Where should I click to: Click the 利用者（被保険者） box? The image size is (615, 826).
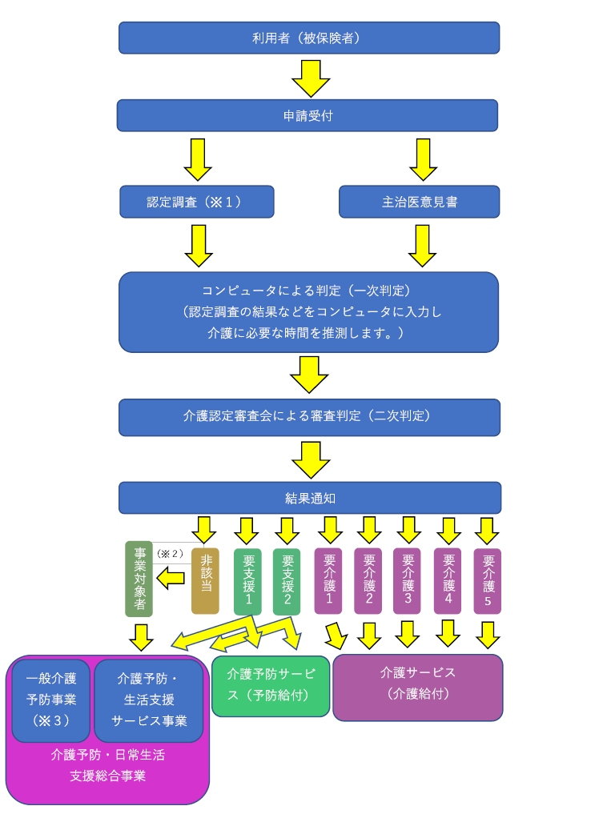309,38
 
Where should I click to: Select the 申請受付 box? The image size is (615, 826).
307,115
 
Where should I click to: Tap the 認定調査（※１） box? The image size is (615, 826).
196,202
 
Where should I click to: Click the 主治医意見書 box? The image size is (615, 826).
419,202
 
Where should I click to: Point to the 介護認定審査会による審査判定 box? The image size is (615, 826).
309,417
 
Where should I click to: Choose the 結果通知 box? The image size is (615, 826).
310,498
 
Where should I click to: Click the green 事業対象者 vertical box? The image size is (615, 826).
139,579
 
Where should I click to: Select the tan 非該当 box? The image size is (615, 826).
205,580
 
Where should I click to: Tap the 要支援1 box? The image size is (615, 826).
247,581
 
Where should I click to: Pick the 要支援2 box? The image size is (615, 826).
287,581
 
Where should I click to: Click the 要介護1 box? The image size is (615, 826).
328,580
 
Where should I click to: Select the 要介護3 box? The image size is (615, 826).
407,580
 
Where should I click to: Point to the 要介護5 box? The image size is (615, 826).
487,580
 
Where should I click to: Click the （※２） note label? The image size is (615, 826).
170,553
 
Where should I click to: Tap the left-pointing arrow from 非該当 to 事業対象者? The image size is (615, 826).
171,578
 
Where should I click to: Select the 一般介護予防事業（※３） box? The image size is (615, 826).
51,700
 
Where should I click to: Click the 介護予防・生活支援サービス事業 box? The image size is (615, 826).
149,700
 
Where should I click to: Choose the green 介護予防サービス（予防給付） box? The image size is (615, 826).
271,686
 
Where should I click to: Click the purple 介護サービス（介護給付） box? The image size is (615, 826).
417,687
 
